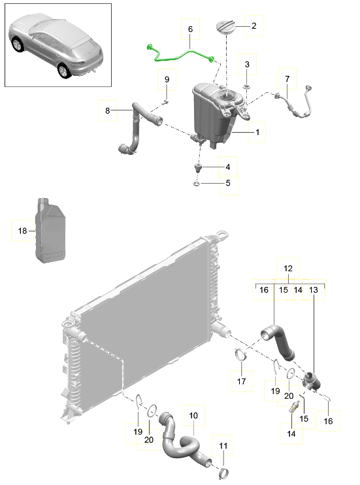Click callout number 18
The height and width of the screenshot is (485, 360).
(x=22, y=231)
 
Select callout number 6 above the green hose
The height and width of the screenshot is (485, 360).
(x=190, y=29)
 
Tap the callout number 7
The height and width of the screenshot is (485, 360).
(x=286, y=79)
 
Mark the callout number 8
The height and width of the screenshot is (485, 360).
(x=107, y=111)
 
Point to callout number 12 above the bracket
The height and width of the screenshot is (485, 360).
(x=287, y=269)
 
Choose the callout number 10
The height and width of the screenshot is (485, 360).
(x=193, y=416)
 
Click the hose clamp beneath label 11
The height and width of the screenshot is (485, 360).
(x=224, y=472)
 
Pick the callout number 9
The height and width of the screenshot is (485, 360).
(x=167, y=80)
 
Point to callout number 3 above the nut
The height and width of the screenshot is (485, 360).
(x=247, y=65)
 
